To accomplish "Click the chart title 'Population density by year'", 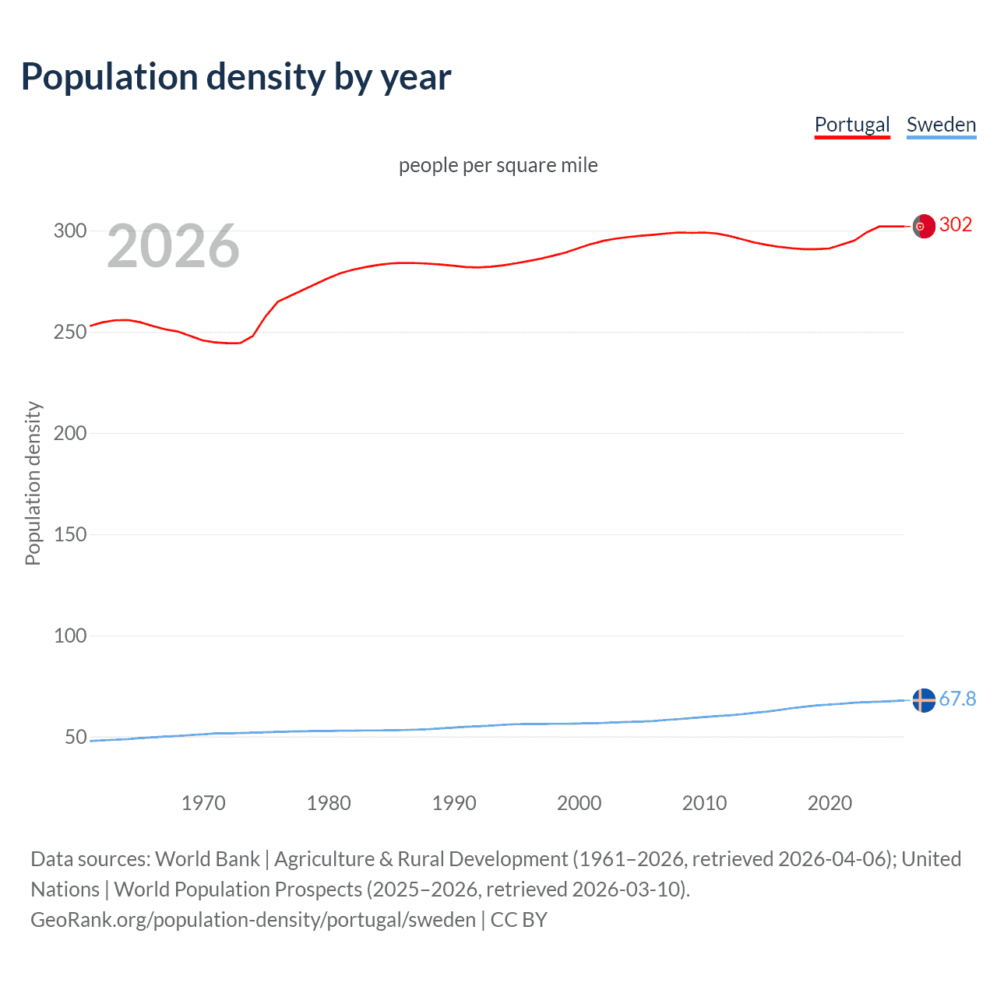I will coord(236,76).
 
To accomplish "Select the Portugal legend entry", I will coord(852,125).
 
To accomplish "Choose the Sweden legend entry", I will coord(941,125).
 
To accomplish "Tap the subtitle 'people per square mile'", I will coord(498,165).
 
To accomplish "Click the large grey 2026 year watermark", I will coord(173,246).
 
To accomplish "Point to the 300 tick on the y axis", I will coord(70,231).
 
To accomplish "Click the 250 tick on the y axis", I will coord(70,332).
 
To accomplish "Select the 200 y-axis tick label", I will coord(70,433).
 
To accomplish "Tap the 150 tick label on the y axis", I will coord(70,534).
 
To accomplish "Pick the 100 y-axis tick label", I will coord(70,636).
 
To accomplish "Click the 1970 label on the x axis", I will coord(203,803).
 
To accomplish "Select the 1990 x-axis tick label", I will coord(454,803).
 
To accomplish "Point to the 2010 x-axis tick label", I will coord(704,803).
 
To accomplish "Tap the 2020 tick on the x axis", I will coord(830,803).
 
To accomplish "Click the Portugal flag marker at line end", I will coord(923,226).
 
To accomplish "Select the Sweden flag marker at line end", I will coord(923,700).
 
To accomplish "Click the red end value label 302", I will coord(956,224).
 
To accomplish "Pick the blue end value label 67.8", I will coord(957,699).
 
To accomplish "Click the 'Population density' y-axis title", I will coord(33,483).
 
